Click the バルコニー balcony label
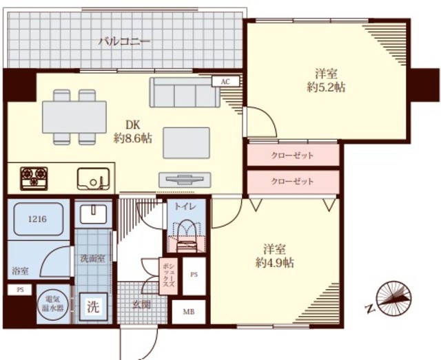pos(124,41)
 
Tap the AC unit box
pos(225,81)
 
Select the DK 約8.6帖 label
pos(133,131)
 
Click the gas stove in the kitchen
pos(34,178)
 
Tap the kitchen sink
pos(94,179)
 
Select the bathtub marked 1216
pos(39,219)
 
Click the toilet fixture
pos(187,235)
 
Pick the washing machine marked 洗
pos(93,306)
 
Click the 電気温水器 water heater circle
pos(53,305)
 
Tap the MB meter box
pos(188,312)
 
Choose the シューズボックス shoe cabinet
pos(168,276)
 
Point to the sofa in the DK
pos(185,92)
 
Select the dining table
pos(74,117)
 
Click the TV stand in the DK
pos(185,180)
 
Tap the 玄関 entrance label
pos(142,304)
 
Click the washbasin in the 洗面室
pos(93,214)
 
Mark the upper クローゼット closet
pos(293,155)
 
